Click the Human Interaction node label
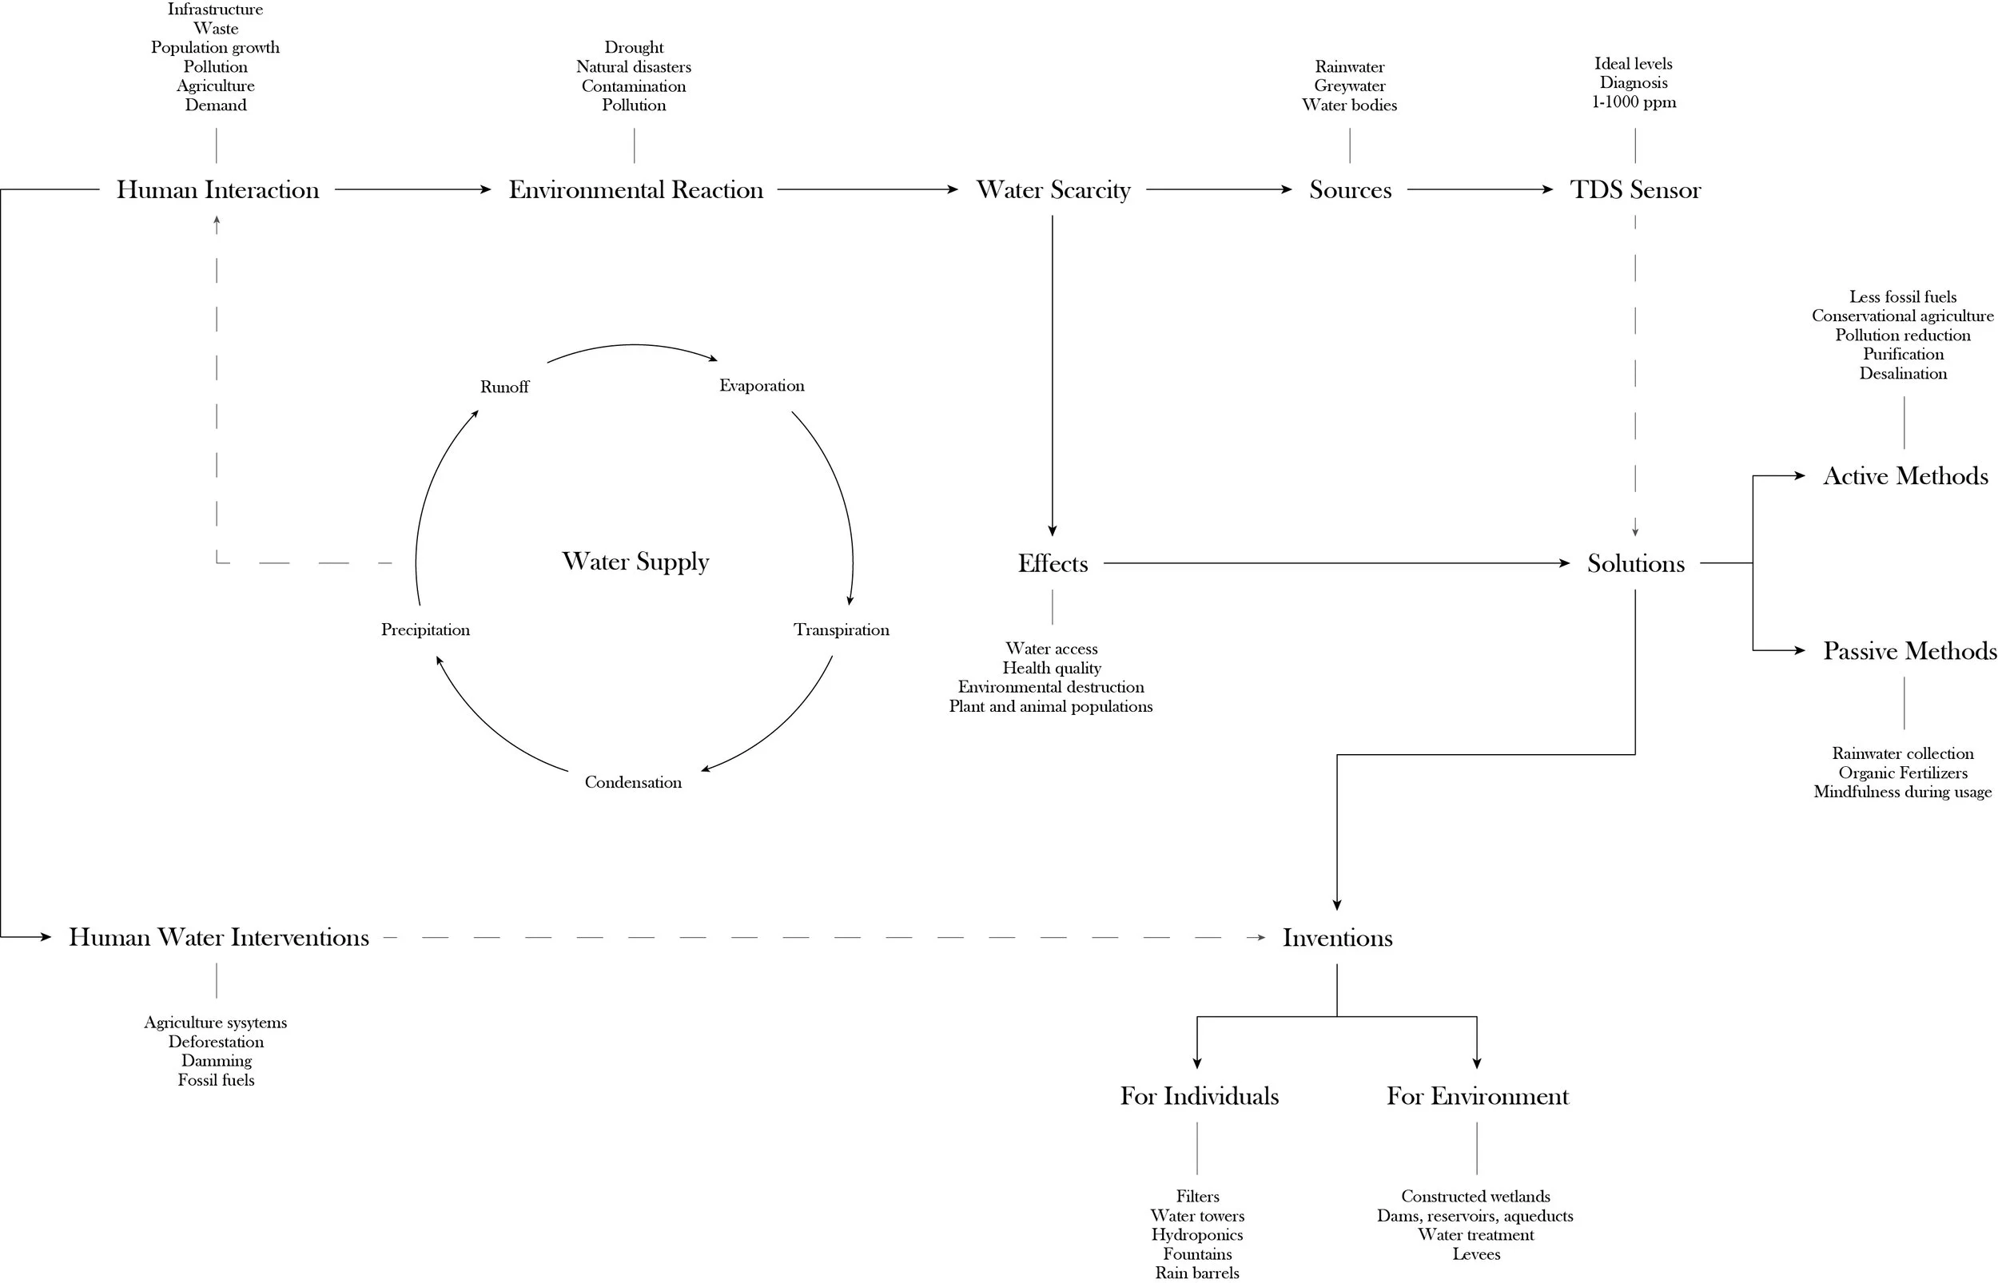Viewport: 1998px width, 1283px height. (x=217, y=190)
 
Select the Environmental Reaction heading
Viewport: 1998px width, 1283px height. (x=635, y=190)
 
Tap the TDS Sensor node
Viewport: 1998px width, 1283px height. (x=1634, y=190)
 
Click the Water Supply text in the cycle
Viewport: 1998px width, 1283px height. (x=635, y=562)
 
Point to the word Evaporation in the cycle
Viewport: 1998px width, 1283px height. (x=762, y=386)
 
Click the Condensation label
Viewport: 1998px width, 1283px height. (x=632, y=782)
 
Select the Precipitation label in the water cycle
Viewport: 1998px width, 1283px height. (x=425, y=630)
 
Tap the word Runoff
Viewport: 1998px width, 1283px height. (x=504, y=387)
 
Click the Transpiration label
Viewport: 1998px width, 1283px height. (x=841, y=630)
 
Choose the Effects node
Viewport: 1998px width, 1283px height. (x=1053, y=564)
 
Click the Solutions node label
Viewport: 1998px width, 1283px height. (x=1634, y=564)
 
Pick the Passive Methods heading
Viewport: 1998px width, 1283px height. (x=1908, y=650)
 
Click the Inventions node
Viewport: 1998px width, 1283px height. (x=1336, y=938)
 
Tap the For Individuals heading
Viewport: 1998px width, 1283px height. (x=1198, y=1096)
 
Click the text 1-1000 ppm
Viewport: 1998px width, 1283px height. (x=1633, y=102)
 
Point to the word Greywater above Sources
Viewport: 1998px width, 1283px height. (x=1349, y=85)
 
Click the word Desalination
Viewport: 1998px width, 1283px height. (x=1902, y=374)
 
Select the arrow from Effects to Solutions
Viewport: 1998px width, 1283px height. (x=1333, y=564)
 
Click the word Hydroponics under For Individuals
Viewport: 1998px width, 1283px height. (x=1196, y=1235)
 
